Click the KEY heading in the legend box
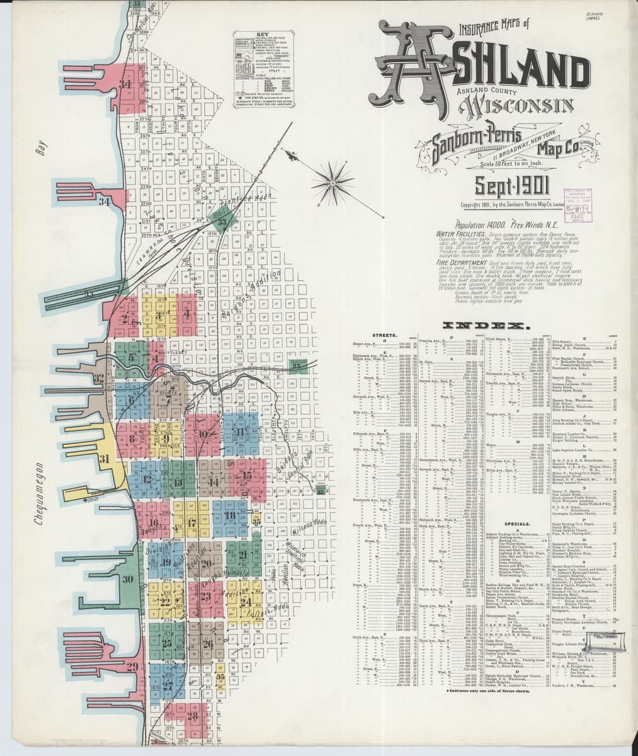point(262,34)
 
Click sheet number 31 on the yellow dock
point(105,458)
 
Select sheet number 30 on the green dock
point(128,580)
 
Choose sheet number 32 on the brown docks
point(98,379)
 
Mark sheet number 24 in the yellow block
point(246,602)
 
